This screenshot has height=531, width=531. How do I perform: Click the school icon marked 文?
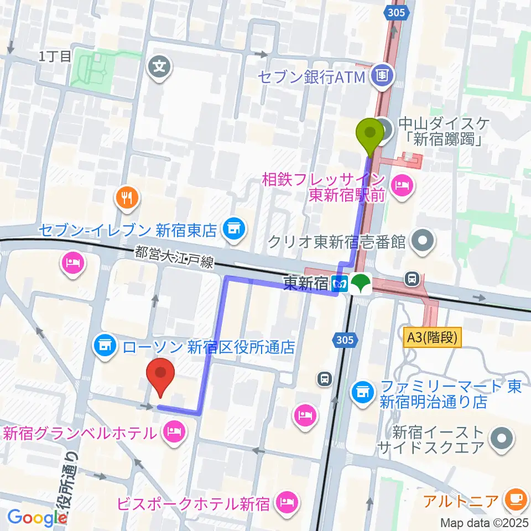[160, 69]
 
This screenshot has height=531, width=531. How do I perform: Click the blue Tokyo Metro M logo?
[340, 284]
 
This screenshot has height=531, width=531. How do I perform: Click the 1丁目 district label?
[55, 56]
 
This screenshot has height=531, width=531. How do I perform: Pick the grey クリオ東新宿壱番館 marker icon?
[424, 241]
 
